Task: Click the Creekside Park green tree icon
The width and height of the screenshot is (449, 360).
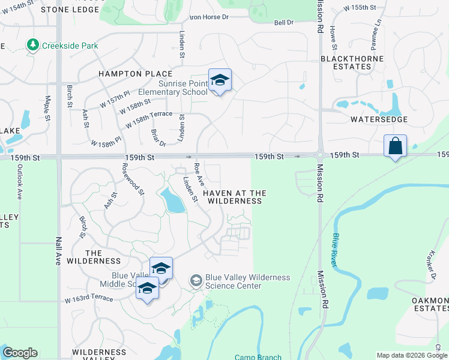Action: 32,45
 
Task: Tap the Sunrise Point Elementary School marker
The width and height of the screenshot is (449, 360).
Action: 220,80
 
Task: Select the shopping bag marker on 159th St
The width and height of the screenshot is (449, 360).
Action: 395,146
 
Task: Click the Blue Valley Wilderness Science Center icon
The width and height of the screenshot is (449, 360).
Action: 196,280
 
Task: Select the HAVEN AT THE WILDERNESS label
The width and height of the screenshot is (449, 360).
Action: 234,197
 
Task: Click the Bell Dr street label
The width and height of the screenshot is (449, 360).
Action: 283,22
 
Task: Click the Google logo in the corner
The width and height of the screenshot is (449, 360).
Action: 20,353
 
